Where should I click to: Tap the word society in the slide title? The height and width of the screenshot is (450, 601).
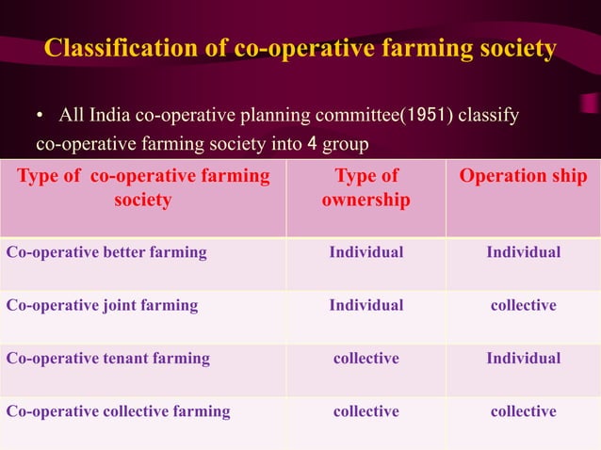(x=508, y=48)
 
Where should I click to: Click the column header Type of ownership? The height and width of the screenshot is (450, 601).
(x=365, y=188)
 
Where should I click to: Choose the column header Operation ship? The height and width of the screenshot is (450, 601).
(x=523, y=176)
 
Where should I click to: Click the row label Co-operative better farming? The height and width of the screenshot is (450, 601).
(x=106, y=252)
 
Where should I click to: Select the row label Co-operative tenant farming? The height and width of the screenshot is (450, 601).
(x=108, y=358)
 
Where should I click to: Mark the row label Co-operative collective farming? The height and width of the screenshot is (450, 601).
(x=118, y=411)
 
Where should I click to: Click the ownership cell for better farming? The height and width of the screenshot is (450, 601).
(x=365, y=252)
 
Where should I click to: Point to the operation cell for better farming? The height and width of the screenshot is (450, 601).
(x=523, y=252)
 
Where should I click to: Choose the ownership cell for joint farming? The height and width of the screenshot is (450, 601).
(x=365, y=305)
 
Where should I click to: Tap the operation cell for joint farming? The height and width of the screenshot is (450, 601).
(x=523, y=305)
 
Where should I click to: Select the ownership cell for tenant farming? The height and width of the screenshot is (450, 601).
(x=365, y=358)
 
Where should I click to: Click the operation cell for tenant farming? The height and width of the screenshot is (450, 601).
(x=523, y=358)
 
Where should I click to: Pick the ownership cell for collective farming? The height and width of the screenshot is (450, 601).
(x=365, y=411)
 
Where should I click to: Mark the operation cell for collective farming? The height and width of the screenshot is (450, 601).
(x=523, y=411)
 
